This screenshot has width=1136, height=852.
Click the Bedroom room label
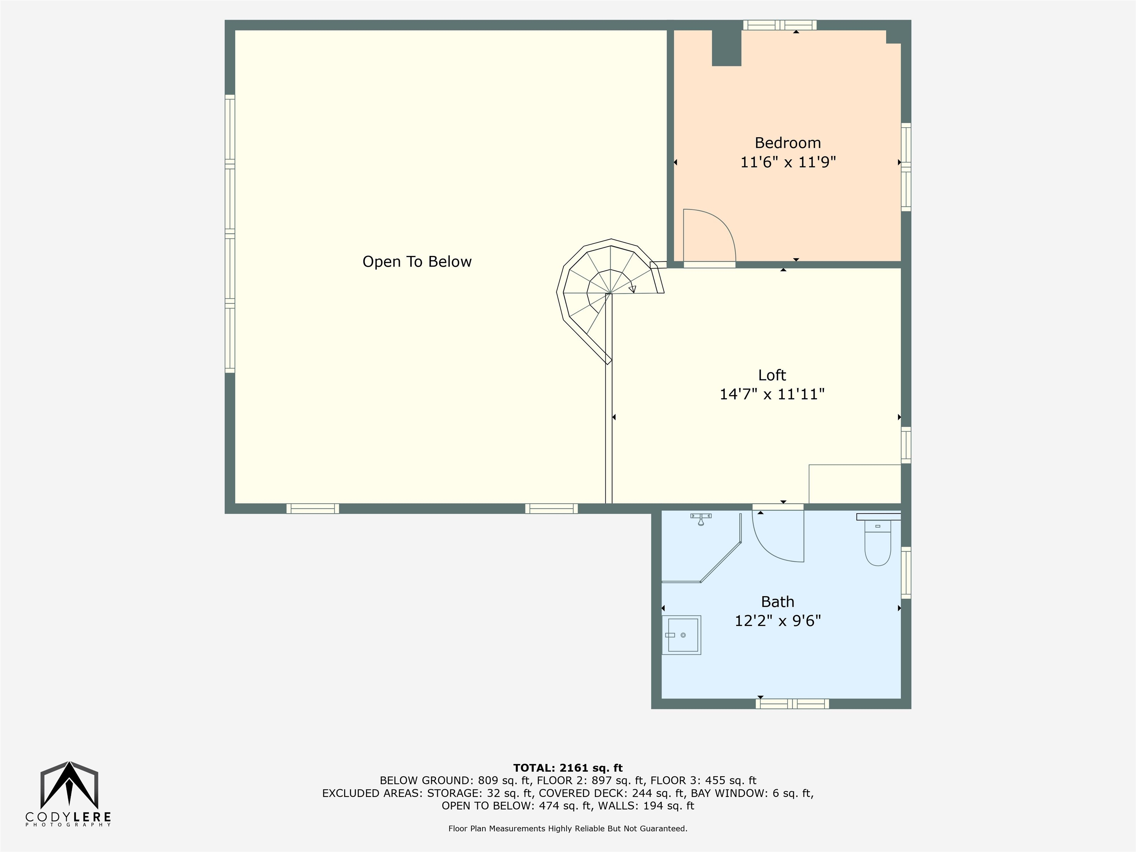(x=787, y=143)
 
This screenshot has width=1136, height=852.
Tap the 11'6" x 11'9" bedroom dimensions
(x=788, y=162)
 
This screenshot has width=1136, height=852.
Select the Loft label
(x=772, y=375)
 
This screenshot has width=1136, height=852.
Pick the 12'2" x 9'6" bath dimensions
(x=778, y=621)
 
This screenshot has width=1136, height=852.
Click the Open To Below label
(x=417, y=262)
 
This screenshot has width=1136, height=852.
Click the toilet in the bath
(x=878, y=539)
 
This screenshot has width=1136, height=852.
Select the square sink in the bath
(x=681, y=635)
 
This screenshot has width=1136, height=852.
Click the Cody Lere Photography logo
(x=68, y=794)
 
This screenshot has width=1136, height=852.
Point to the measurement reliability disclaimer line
(x=568, y=828)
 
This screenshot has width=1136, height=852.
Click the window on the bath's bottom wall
(x=792, y=704)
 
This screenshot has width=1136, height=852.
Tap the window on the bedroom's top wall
(x=780, y=25)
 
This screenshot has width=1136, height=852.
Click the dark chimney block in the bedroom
(x=726, y=48)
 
